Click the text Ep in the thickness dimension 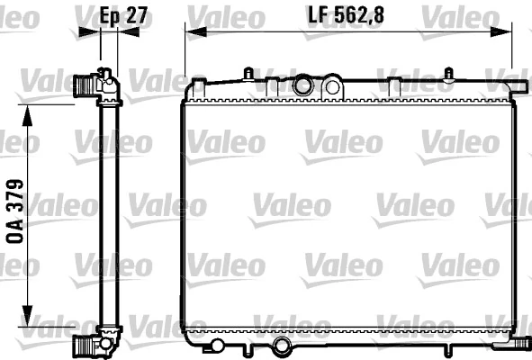point(107,16)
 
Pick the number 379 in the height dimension point(16,194)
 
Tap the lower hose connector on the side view point(86,343)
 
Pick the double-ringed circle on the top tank point(303,86)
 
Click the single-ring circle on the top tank point(332,87)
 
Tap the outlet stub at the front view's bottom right point(519,342)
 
